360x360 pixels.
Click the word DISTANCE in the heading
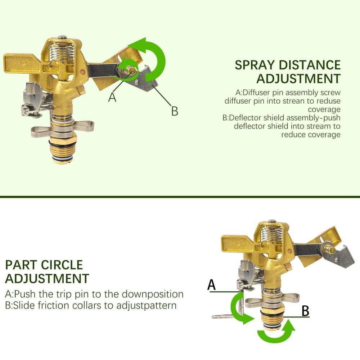coord(310,65)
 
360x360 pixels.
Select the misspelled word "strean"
coord(290,101)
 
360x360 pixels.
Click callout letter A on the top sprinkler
coord(113,97)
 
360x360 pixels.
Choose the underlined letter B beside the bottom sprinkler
coord(305,311)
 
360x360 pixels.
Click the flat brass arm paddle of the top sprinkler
coord(22,64)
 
